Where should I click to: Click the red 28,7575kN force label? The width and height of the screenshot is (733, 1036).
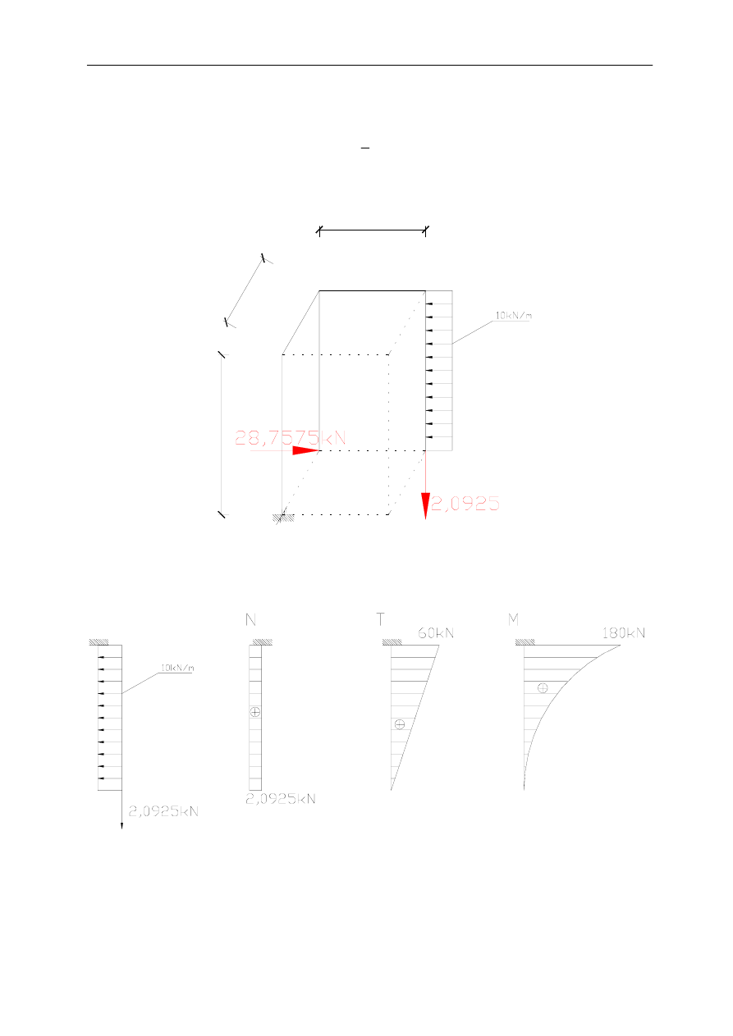(x=290, y=437)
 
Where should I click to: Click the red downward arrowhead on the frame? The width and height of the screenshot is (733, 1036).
(x=425, y=506)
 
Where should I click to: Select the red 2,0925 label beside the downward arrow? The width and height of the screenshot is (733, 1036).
(x=465, y=503)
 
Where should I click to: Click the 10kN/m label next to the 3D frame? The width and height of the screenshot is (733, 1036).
(x=514, y=316)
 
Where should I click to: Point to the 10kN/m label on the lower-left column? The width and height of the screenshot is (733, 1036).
(x=177, y=668)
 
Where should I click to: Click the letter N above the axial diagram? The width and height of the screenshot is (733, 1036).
(x=250, y=620)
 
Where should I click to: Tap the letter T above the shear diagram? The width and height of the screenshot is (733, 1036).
(x=380, y=618)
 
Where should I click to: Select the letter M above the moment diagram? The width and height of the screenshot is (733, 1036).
(x=513, y=619)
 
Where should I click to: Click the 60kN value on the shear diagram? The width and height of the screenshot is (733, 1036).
(x=436, y=632)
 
